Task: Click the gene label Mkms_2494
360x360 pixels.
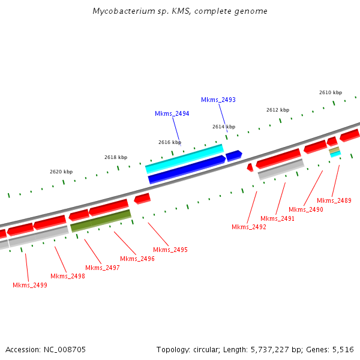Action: [172, 113]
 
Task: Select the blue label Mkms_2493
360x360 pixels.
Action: [218, 100]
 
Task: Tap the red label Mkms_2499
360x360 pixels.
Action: [30, 285]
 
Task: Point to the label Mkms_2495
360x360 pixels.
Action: [170, 250]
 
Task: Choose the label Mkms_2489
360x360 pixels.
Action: [334, 200]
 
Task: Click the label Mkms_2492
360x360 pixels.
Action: [248, 227]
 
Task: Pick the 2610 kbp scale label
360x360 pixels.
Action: [330, 92]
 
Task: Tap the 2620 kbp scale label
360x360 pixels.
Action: [61, 172]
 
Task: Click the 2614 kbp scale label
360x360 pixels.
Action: [223, 127]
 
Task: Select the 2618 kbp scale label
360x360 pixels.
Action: [115, 157]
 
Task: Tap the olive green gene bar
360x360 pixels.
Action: [101, 220]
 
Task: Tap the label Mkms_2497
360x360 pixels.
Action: [102, 268]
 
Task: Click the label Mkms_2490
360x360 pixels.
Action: [305, 209]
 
